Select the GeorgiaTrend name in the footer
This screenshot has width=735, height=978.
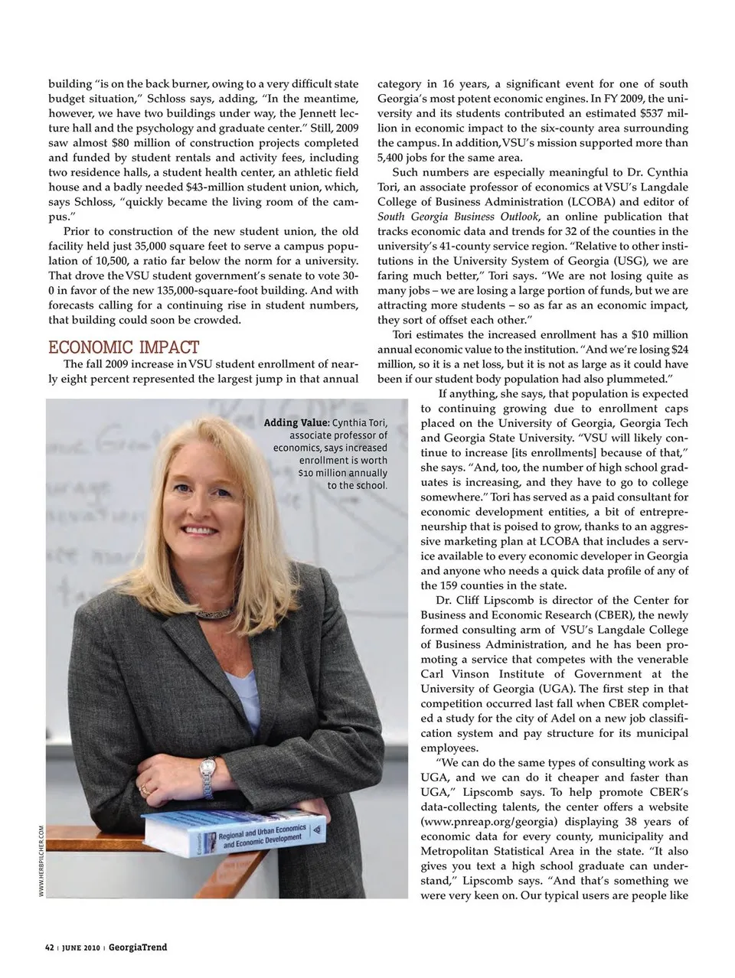coord(138,947)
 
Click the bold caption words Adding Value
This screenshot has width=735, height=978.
coord(296,423)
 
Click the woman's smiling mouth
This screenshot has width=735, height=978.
coord(198,530)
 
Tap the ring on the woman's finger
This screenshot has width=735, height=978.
coord(144,789)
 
